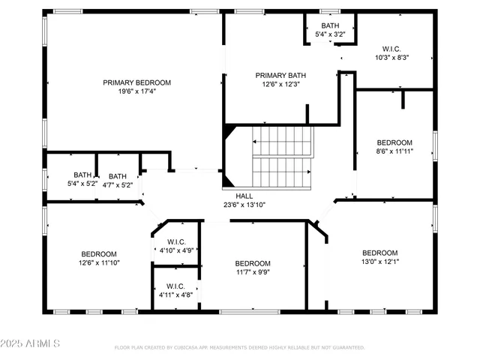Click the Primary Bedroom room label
click(x=136, y=82)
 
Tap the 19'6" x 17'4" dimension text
click(x=136, y=91)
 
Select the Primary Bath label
click(x=280, y=75)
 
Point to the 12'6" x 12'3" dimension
click(x=280, y=84)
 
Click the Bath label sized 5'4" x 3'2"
click(x=330, y=25)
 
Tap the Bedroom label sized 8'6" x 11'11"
click(x=394, y=142)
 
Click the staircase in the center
click(x=282, y=157)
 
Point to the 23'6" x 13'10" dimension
click(x=244, y=204)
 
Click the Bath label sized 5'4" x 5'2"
click(x=82, y=175)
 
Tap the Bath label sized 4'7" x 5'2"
click(x=117, y=175)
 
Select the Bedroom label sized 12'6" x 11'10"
click(x=98, y=253)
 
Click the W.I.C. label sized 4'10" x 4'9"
click(x=175, y=241)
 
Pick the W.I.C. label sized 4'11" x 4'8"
click(x=175, y=286)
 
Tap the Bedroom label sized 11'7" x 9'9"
click(x=253, y=263)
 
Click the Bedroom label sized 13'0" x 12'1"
click(x=379, y=253)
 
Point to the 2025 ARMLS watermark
click(x=31, y=343)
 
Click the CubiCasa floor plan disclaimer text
click(x=239, y=347)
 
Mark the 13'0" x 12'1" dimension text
click(x=379, y=262)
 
